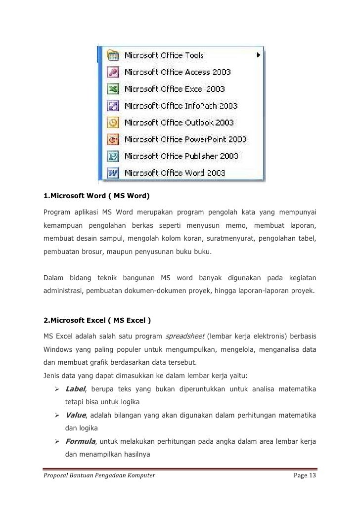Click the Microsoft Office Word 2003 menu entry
[x=175, y=173]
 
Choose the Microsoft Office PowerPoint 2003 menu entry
[x=185, y=139]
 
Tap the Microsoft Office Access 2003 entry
[x=177, y=72]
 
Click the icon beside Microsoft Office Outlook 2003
[x=113, y=122]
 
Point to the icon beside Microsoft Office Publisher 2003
[x=113, y=156]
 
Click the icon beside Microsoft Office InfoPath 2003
[x=113, y=106]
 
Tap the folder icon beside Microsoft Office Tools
[x=113, y=55]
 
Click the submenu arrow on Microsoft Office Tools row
[x=258, y=55]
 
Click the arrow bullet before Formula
[x=57, y=440]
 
